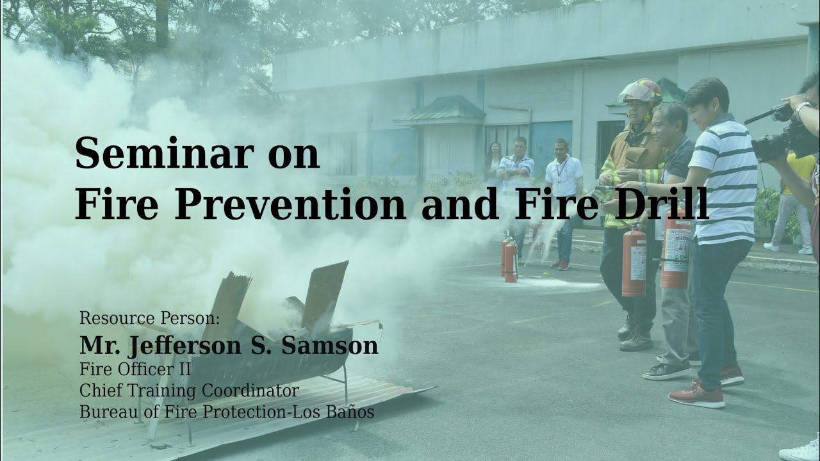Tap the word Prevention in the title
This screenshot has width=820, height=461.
click(290, 203)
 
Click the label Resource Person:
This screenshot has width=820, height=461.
click(149, 318)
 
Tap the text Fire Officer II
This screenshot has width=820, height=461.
click(135, 369)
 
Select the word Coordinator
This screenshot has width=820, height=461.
click(250, 391)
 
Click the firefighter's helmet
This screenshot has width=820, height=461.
click(640, 92)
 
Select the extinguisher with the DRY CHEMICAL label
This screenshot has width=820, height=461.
click(676, 249)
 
